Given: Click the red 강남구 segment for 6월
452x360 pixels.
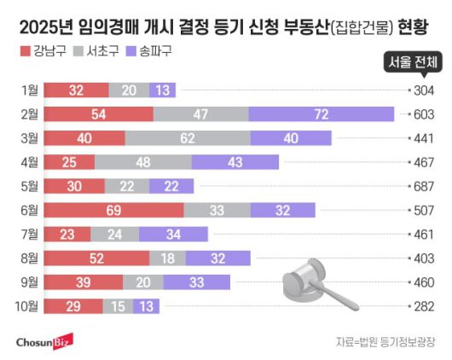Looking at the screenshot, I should point(113,209).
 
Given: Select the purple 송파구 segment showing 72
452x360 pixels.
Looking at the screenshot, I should point(322,113).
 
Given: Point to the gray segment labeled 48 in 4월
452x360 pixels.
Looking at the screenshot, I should point(142,161).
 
